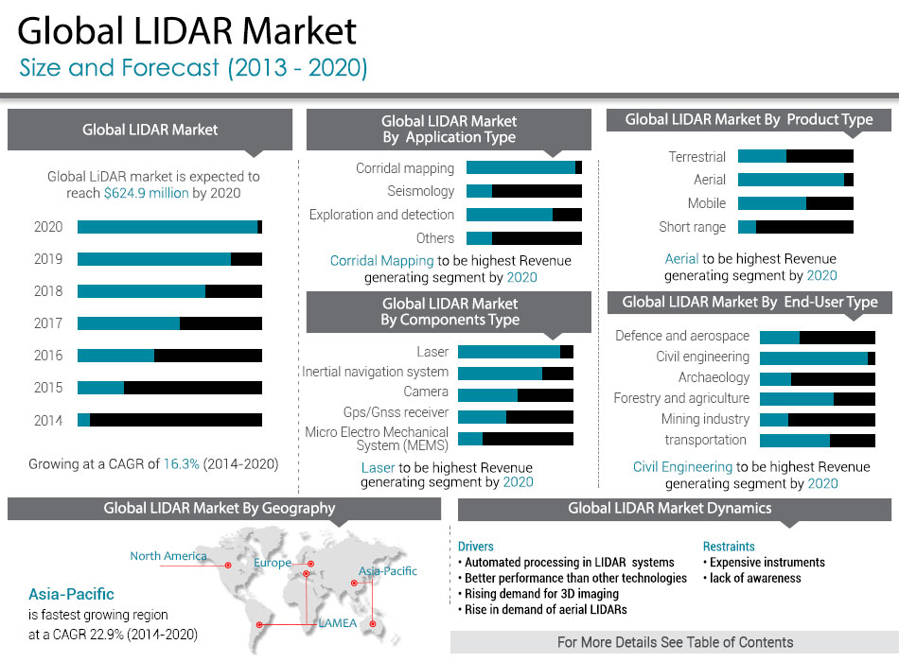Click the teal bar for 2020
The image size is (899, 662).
click(x=167, y=227)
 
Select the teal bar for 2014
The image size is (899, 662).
click(x=83, y=420)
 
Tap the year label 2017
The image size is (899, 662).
click(x=48, y=323)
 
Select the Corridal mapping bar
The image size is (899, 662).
click(x=520, y=167)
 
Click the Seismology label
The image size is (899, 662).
click(x=421, y=191)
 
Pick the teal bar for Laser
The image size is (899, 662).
click(x=509, y=352)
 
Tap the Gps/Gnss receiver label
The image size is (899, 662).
click(x=396, y=413)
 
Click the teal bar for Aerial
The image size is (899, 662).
click(x=791, y=180)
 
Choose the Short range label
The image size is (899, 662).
click(x=693, y=227)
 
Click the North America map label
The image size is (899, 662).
click(x=168, y=556)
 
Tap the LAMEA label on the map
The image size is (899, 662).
click(x=338, y=623)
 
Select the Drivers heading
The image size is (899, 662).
click(x=476, y=547)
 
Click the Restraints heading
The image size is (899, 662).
click(x=729, y=547)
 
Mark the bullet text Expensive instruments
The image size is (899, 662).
click(x=767, y=563)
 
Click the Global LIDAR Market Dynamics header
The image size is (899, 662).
click(x=669, y=509)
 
